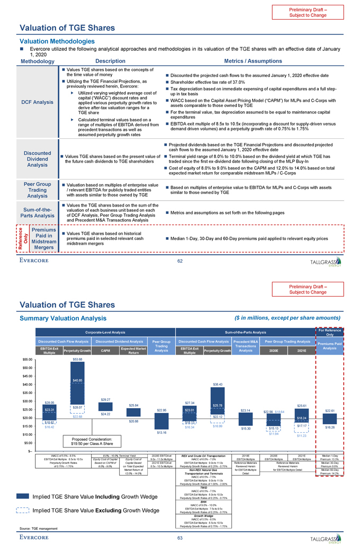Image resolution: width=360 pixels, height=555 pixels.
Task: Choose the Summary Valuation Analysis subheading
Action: (x=61, y=318)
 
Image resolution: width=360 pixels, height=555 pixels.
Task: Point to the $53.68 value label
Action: (x=77, y=359)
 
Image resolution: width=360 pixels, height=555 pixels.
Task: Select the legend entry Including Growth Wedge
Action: (x=87, y=496)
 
